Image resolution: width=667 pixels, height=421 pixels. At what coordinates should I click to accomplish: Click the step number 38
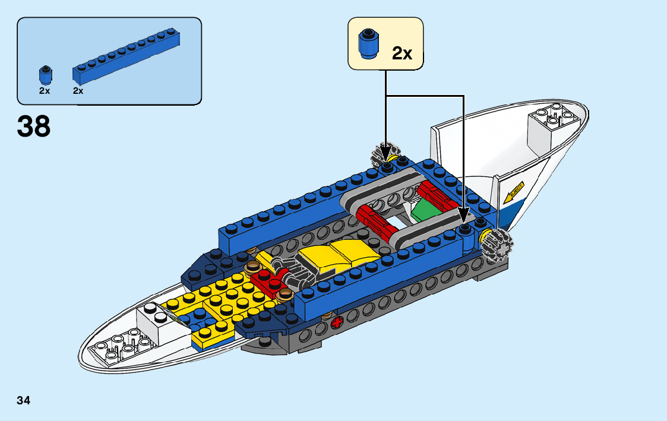click(x=34, y=126)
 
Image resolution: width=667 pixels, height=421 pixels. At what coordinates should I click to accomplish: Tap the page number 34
click(x=24, y=400)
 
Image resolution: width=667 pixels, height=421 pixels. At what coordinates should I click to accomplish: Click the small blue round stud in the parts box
click(x=45, y=75)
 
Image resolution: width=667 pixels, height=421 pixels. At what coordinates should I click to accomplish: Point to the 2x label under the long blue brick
click(x=78, y=91)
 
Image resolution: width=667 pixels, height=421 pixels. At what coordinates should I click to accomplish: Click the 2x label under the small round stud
click(x=45, y=91)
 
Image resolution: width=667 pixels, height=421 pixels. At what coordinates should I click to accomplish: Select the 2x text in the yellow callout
click(x=402, y=53)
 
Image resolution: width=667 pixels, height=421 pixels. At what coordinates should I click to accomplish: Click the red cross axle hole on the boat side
click(x=337, y=324)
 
